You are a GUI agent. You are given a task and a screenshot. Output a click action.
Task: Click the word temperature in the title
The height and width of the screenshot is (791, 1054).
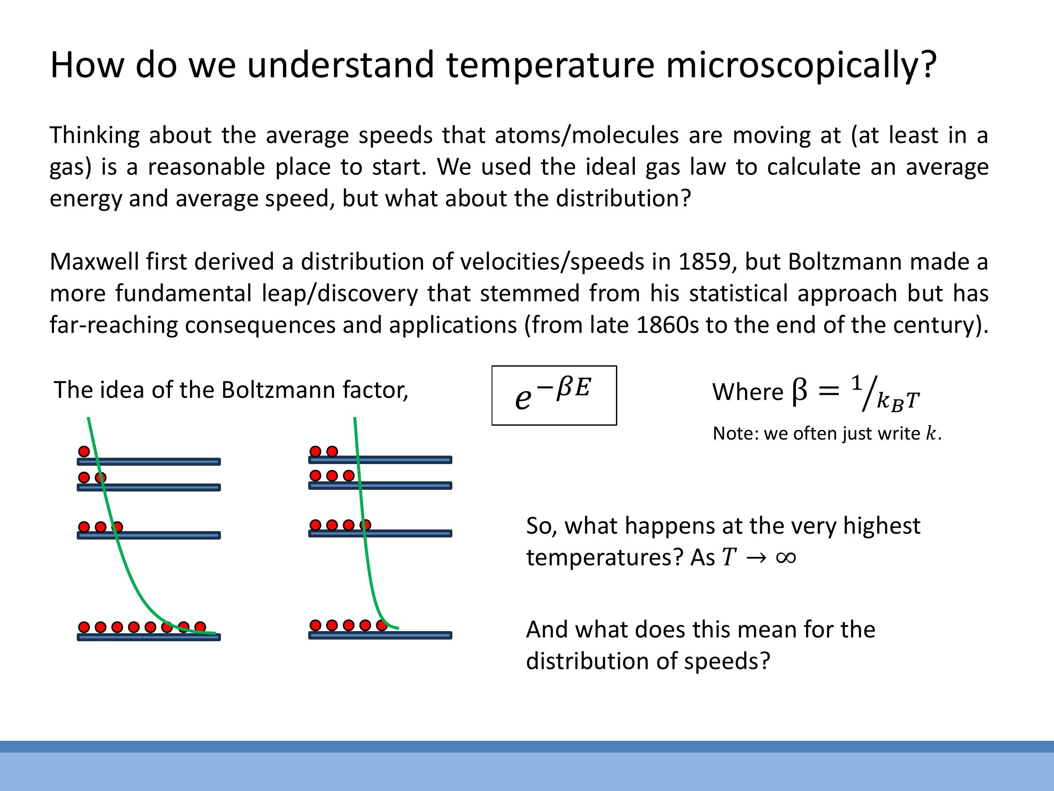(550, 66)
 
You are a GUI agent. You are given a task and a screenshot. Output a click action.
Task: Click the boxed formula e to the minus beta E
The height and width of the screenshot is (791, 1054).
(554, 395)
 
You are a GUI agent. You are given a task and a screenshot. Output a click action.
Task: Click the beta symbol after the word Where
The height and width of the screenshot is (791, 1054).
(799, 391)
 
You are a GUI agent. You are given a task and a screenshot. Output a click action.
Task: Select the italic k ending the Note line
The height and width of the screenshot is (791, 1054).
(930, 433)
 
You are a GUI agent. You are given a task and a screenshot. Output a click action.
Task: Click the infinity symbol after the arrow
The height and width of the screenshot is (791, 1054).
(786, 557)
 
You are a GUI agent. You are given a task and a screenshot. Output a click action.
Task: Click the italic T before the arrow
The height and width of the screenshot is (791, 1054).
(729, 557)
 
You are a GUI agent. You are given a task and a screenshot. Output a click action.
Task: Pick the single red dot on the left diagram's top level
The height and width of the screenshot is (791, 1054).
(84, 451)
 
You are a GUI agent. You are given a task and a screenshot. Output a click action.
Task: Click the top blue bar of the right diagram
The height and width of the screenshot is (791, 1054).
(380, 460)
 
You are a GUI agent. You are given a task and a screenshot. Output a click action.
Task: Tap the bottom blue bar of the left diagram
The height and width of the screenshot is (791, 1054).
(149, 637)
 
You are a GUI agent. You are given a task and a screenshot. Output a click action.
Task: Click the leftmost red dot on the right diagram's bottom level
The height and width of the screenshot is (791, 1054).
(315, 625)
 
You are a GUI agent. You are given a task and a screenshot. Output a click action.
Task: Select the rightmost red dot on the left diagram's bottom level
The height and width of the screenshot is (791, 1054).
(200, 626)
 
